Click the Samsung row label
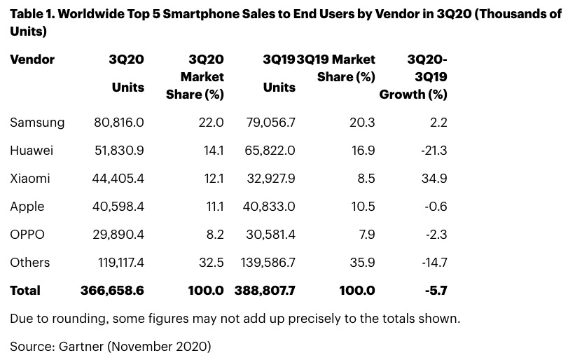[x=37, y=123]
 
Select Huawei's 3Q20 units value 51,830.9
[x=119, y=151]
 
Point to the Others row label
[x=30, y=263]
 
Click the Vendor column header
[x=32, y=60]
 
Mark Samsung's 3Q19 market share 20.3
[x=362, y=123]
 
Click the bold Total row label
[x=25, y=290]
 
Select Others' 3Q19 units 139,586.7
[x=266, y=263]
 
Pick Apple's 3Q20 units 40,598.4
[x=119, y=207]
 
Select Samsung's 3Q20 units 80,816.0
[x=119, y=123]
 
